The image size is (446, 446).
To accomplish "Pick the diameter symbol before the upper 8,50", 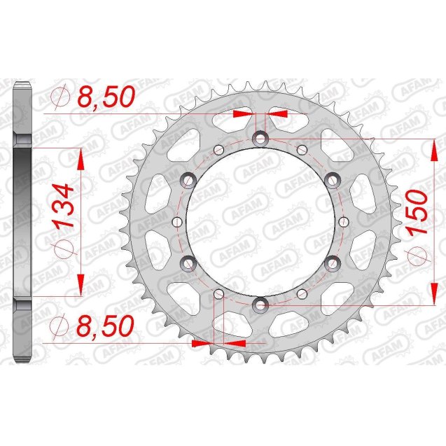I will (60, 97).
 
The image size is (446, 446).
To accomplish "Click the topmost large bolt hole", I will (261, 139).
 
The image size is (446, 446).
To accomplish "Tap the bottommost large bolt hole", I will (261, 304).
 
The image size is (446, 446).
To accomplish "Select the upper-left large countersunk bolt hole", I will (189, 181).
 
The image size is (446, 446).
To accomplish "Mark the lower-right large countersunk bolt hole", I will (333, 262).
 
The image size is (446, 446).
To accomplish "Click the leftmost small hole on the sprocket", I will (179, 221).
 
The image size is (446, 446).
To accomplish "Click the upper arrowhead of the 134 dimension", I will (81, 160).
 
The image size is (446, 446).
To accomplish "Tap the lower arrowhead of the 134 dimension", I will (81, 282).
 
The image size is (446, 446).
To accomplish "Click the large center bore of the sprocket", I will (261, 221).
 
